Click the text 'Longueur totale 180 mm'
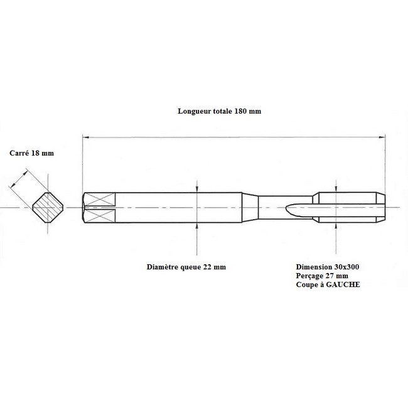tap(219, 111)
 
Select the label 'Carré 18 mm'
tap(32, 153)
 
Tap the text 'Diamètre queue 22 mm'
tap(186, 267)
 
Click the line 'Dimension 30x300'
tap(328, 267)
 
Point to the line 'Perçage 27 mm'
tap(322, 276)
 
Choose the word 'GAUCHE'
tap(343, 284)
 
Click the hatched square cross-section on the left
tap(48, 208)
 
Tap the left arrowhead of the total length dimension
tap(85, 137)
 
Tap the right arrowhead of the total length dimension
tap(382, 137)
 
